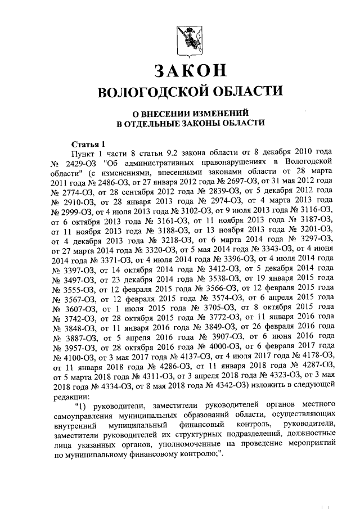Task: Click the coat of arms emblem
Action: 191,40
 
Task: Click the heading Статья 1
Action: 89,143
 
